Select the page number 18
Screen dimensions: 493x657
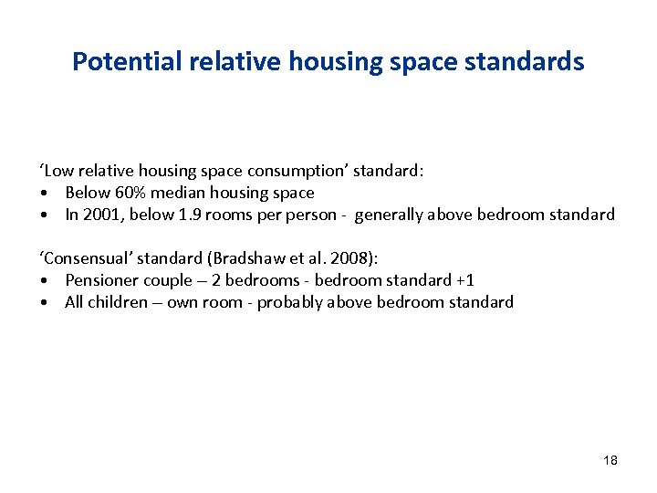(610, 460)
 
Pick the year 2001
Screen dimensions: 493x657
(99, 215)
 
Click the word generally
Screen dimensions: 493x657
(389, 215)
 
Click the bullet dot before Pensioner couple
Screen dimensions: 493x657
(44, 280)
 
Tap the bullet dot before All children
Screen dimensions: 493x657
(44, 302)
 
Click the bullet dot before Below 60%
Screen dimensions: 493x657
(44, 193)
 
